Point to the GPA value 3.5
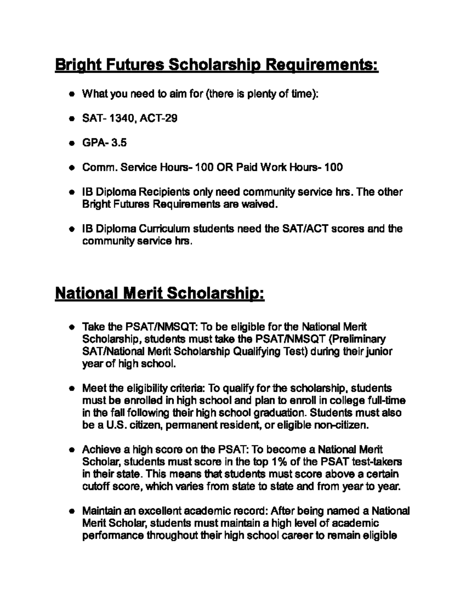pyautogui.click(x=119, y=143)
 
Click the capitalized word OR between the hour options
pyautogui.click(x=224, y=167)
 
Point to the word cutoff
pyautogui.click(x=96, y=487)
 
